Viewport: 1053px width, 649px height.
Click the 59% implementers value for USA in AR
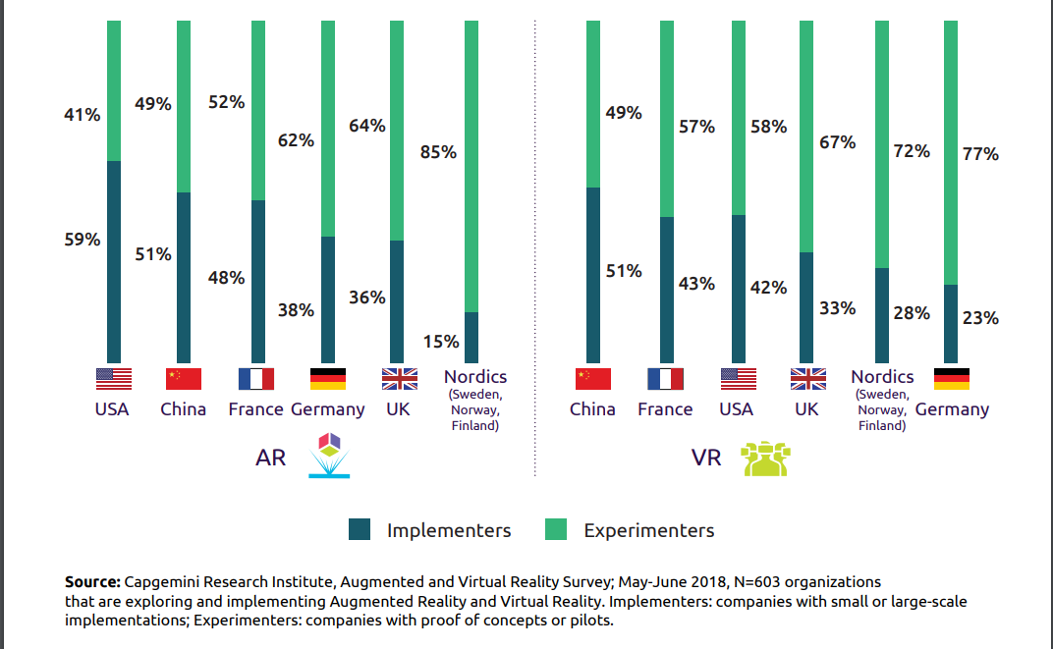(x=83, y=239)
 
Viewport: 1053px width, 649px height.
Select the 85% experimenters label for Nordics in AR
(x=438, y=152)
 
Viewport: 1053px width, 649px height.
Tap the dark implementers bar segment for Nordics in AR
(x=471, y=338)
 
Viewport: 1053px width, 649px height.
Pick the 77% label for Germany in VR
(x=980, y=154)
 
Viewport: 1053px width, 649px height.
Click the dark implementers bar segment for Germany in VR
(x=951, y=324)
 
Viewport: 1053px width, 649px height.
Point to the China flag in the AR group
(x=184, y=379)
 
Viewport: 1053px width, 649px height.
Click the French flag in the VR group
(x=665, y=379)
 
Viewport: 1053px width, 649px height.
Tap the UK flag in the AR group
(x=400, y=379)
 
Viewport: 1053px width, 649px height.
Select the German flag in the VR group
(x=951, y=379)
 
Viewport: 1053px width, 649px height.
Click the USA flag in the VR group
(x=738, y=379)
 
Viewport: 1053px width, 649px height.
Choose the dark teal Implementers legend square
(x=360, y=530)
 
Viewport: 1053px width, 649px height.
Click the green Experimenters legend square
(x=556, y=530)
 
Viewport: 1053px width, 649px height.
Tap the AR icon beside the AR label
(x=329, y=455)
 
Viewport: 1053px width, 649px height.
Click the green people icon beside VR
(x=766, y=459)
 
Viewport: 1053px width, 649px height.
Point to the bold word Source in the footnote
(x=93, y=582)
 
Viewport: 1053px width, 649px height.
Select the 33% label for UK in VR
(x=837, y=308)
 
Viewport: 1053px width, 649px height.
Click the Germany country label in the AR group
(x=328, y=409)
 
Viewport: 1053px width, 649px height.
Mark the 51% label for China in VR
(x=624, y=271)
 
